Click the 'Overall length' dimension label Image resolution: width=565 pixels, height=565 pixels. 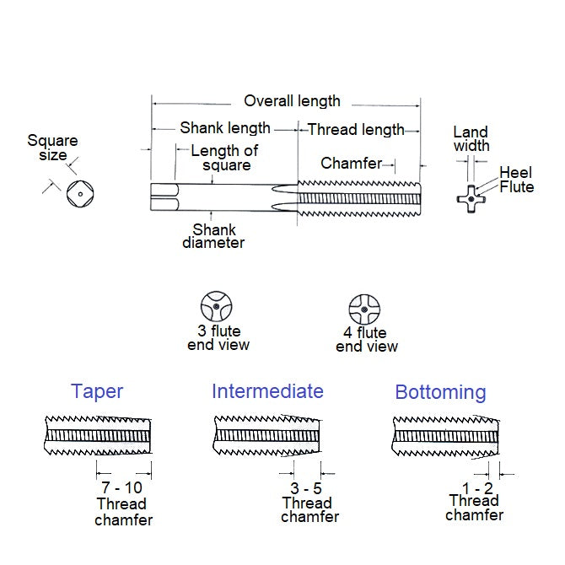click(x=292, y=101)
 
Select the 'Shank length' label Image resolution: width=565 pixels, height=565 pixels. click(x=225, y=128)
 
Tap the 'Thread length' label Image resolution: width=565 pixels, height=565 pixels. click(x=356, y=130)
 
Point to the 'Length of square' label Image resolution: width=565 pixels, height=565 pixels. click(x=224, y=159)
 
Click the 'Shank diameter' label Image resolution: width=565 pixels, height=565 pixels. click(x=213, y=236)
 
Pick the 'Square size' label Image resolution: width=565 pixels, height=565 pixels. click(x=52, y=148)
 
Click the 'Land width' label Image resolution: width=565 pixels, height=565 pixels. click(x=471, y=139)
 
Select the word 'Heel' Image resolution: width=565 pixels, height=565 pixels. click(x=515, y=172)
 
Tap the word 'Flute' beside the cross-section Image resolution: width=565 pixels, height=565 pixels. click(x=516, y=187)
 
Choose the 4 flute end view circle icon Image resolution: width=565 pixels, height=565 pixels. click(x=364, y=309)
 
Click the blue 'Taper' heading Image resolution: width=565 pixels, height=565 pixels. click(x=97, y=391)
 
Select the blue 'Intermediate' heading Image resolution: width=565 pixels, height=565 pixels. click(x=267, y=391)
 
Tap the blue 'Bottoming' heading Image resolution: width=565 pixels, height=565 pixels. click(x=440, y=392)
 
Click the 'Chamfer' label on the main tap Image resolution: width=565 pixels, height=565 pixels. click(x=351, y=164)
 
